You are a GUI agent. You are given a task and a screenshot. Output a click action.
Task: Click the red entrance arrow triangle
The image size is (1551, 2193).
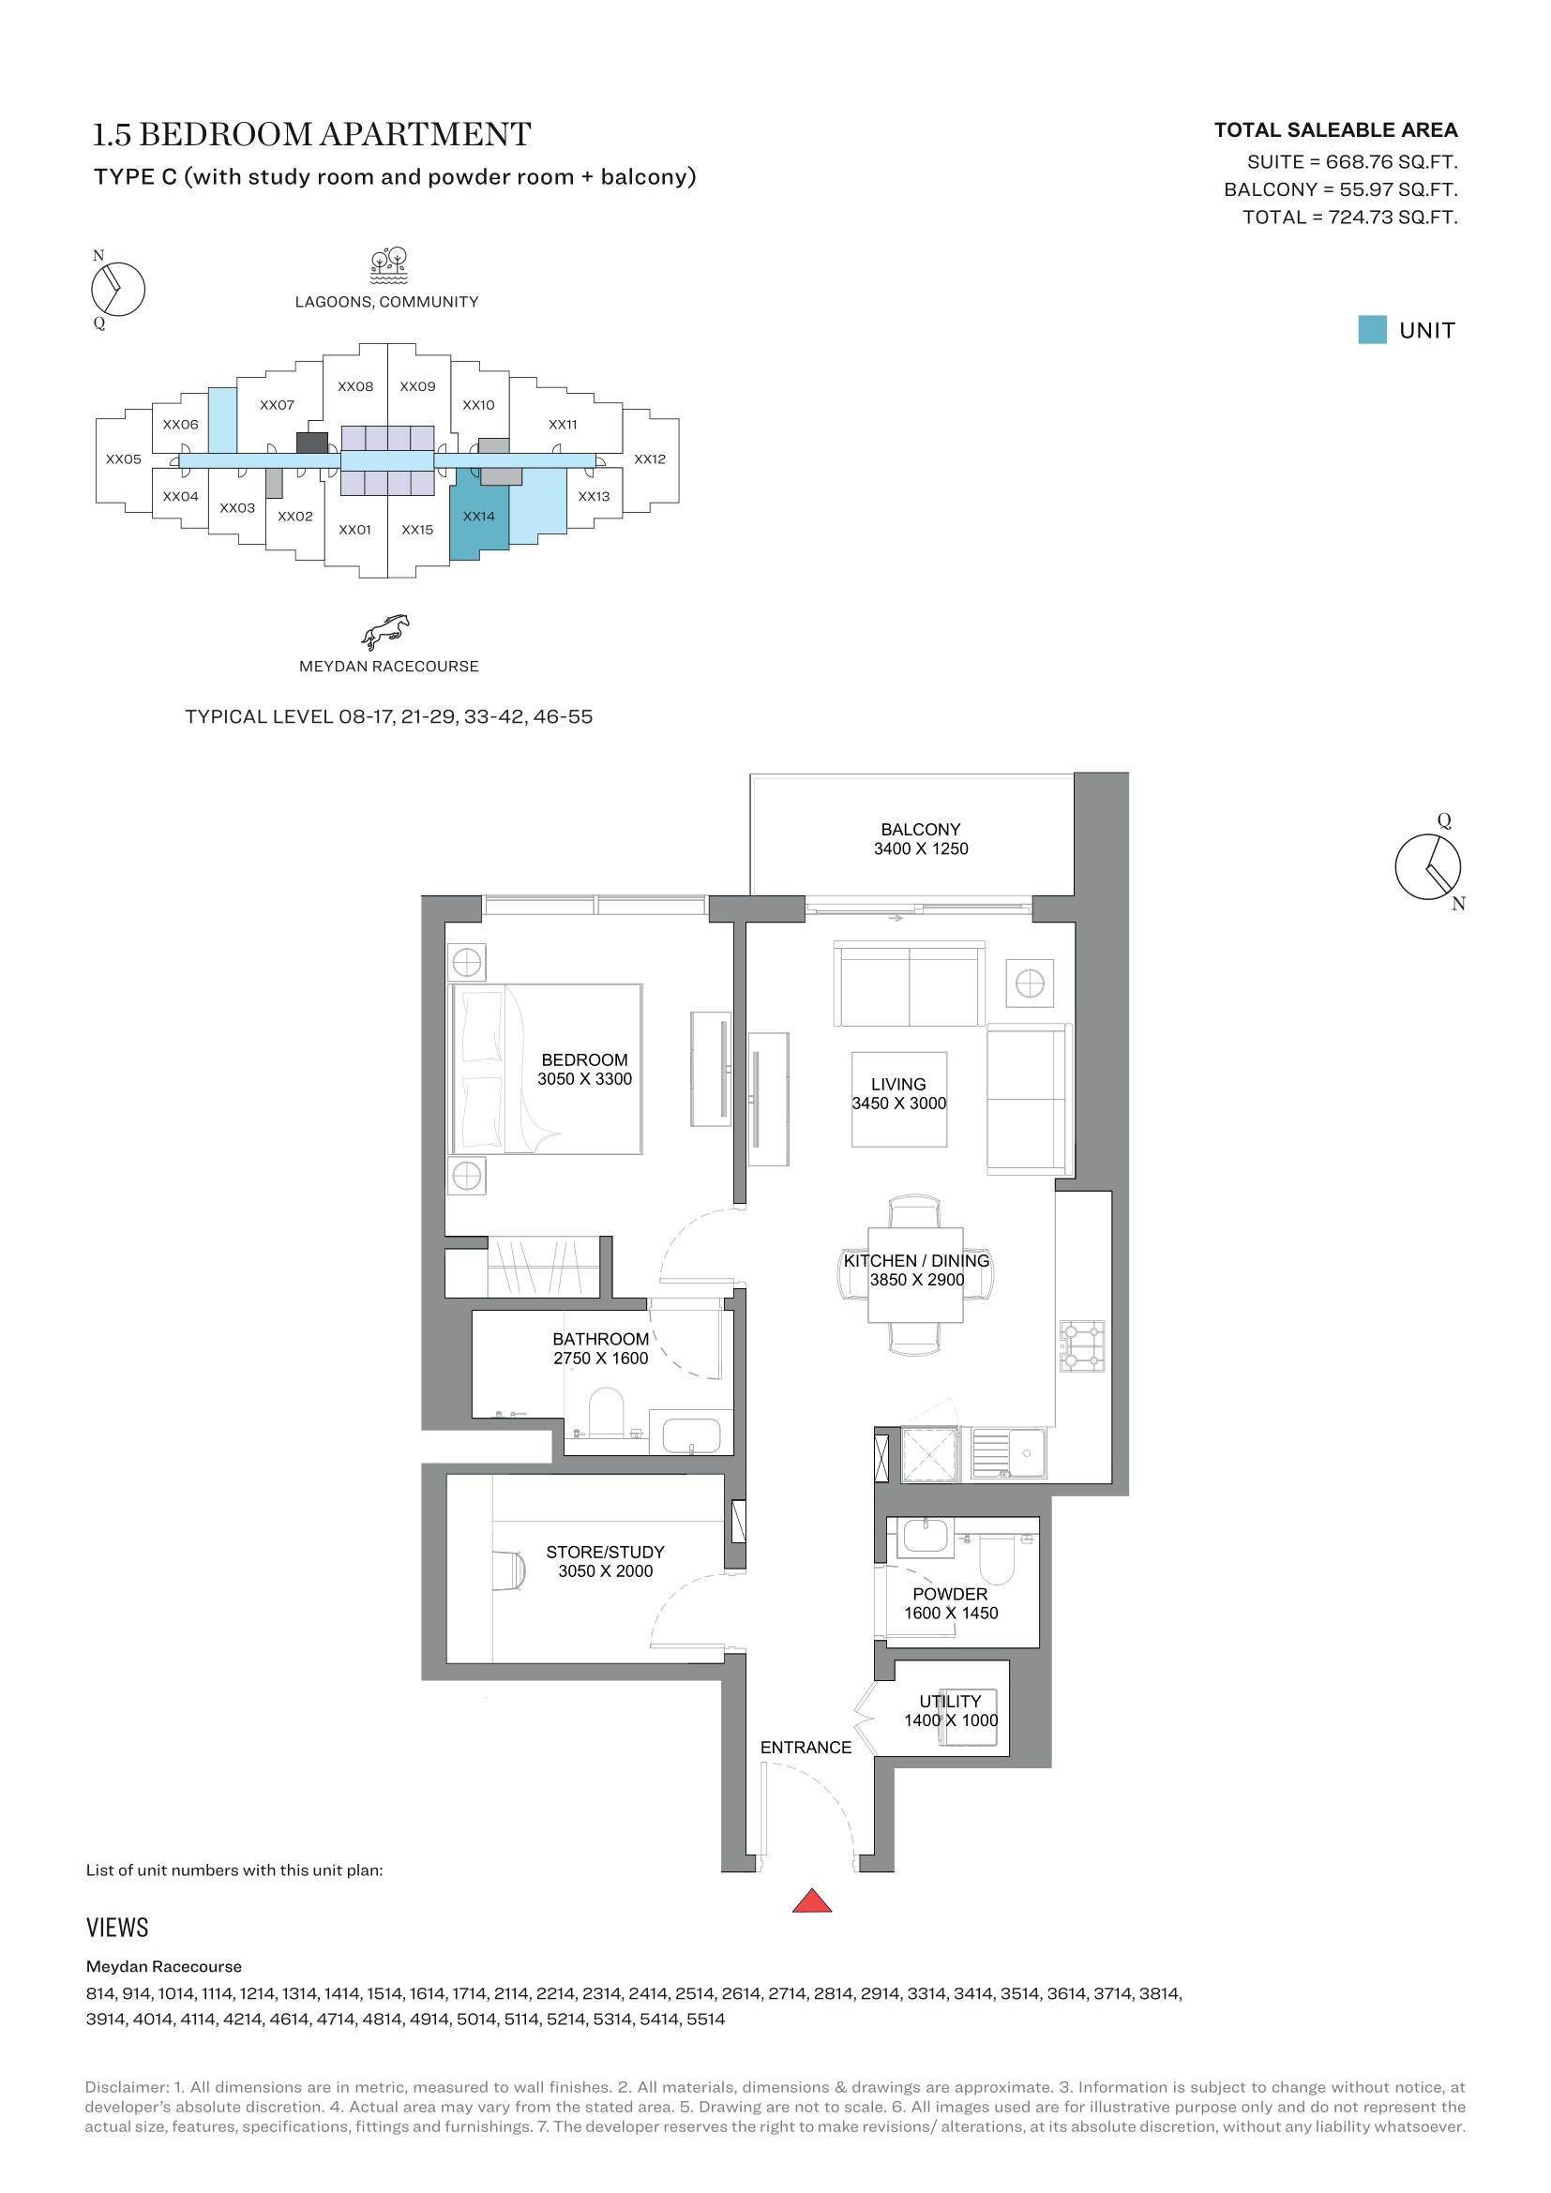click(x=812, y=1901)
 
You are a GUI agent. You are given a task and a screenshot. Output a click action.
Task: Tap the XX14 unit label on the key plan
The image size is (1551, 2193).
click(x=478, y=517)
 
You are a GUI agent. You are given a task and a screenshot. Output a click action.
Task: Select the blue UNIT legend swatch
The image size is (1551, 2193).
click(x=1373, y=329)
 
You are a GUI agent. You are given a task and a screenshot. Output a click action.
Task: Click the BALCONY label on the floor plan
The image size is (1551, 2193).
click(x=921, y=829)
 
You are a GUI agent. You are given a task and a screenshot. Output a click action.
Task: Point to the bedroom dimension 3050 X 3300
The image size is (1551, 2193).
click(x=584, y=1079)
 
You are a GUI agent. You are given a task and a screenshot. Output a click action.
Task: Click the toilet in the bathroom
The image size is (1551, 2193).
click(x=607, y=1413)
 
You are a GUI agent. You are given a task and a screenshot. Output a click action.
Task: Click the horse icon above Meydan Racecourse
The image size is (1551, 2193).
click(x=385, y=631)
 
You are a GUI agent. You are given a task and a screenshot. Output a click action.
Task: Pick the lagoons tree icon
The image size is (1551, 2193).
click(x=389, y=266)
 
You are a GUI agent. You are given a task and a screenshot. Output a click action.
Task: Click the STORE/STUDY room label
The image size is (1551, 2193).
click(x=606, y=1552)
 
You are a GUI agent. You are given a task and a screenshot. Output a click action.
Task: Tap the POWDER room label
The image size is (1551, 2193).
click(x=950, y=1594)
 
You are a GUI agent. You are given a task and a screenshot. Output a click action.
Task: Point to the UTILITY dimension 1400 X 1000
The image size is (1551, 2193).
click(x=951, y=1720)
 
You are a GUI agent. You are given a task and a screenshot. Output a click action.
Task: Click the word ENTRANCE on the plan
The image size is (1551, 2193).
click(x=806, y=1747)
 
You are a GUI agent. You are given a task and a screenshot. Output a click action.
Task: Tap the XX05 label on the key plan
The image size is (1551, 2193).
click(x=123, y=459)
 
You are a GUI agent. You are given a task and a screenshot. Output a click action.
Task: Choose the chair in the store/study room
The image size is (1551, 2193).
click(x=509, y=1571)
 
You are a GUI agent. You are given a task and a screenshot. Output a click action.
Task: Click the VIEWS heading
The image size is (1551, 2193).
click(x=117, y=1928)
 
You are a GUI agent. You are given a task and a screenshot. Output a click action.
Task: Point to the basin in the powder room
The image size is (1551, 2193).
click(x=924, y=1536)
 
